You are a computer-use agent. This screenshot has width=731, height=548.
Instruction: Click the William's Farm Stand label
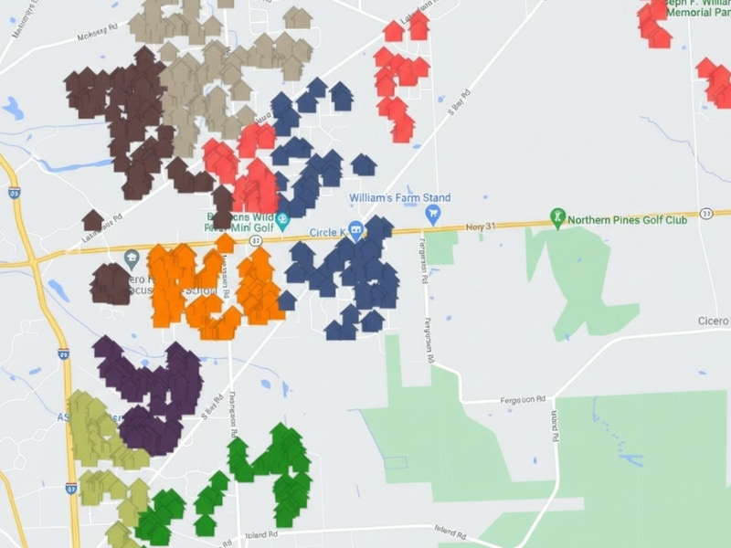399,198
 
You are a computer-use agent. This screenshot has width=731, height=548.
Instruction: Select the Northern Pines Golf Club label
627,219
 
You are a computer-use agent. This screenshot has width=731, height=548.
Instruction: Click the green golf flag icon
557,218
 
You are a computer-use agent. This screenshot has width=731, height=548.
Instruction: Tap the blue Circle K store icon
356,229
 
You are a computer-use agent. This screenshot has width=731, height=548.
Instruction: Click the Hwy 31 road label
479,227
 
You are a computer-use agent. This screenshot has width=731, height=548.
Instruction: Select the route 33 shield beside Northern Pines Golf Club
705,213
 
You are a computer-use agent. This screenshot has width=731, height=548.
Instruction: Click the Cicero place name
714,321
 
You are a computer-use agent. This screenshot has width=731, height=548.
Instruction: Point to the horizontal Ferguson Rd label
523,400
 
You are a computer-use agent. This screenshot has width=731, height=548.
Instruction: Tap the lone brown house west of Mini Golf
92,220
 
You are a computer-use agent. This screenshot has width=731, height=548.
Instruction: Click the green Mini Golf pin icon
282,220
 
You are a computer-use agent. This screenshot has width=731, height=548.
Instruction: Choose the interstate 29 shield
63,353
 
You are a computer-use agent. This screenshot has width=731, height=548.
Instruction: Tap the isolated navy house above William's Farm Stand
364,164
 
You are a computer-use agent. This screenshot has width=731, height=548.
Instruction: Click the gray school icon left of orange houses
132,258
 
